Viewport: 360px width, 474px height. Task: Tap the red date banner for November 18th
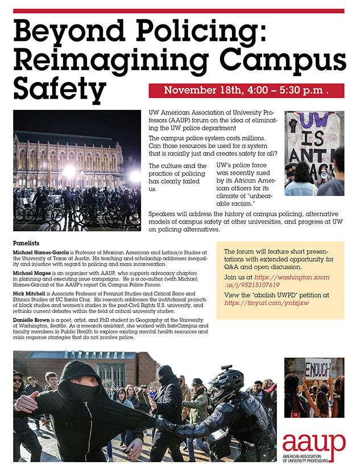(x=246, y=91)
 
